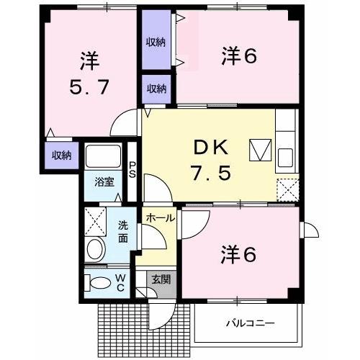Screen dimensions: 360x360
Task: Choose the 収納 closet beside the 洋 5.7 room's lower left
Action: pos(60,154)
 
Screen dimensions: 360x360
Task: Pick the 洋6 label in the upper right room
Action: pos(238,55)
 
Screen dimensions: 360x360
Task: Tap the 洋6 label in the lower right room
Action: pos(238,254)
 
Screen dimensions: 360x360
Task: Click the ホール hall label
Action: pos(159,217)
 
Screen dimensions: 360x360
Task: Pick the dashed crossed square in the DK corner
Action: pos(288,189)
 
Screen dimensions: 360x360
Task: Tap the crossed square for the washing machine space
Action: pos(96,221)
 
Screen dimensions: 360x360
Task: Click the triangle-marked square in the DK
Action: pos(258,150)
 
